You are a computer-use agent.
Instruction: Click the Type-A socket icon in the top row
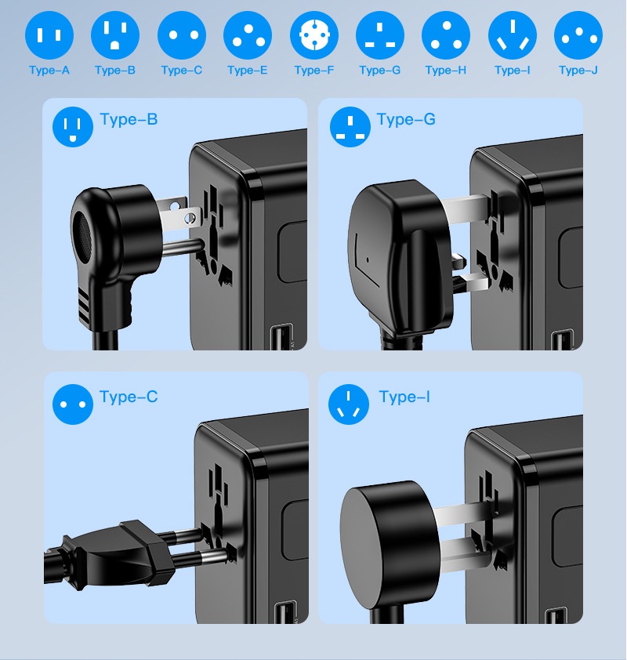point(49,35)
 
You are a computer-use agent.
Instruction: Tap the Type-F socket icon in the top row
point(314,35)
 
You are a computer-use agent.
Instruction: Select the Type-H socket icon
point(446,35)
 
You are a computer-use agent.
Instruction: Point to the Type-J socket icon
point(578,35)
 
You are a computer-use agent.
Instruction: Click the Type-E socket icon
point(248,35)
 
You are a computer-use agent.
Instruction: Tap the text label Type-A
point(49,71)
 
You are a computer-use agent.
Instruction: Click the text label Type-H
point(446,71)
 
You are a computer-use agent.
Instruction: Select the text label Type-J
point(578,71)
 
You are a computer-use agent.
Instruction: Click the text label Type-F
point(314,71)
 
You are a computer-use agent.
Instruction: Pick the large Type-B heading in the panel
point(129,120)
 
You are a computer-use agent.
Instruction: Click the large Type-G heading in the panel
point(406,120)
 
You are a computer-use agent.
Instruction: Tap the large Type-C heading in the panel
point(129,397)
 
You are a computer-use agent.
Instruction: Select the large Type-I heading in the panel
point(404,397)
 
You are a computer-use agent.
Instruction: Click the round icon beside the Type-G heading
point(350,127)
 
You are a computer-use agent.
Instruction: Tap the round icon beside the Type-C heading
point(73,404)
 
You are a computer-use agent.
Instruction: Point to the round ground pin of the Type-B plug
point(181,248)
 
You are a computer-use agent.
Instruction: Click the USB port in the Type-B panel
point(282,337)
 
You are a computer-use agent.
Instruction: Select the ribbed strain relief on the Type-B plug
point(83,305)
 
